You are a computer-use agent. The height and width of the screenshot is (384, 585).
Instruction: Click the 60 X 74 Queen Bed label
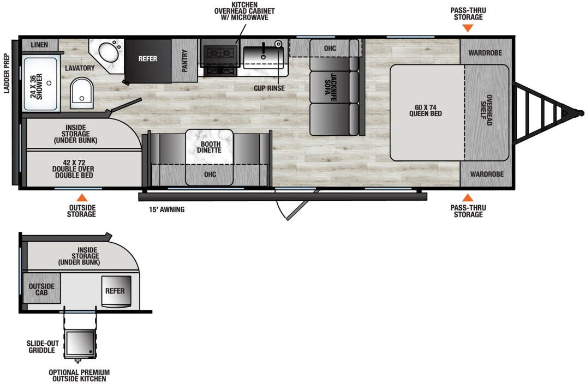point(425,110)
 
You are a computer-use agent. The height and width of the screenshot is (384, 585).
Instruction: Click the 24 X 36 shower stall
point(40,84)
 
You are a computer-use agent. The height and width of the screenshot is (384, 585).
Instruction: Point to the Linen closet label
point(40,44)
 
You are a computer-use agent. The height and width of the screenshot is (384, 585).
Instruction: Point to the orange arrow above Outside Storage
point(81,197)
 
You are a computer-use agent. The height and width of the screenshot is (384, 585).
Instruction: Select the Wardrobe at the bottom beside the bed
point(485,175)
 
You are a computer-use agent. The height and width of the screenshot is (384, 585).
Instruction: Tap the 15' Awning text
point(167,209)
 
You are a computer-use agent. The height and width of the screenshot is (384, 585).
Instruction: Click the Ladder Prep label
point(7,73)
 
